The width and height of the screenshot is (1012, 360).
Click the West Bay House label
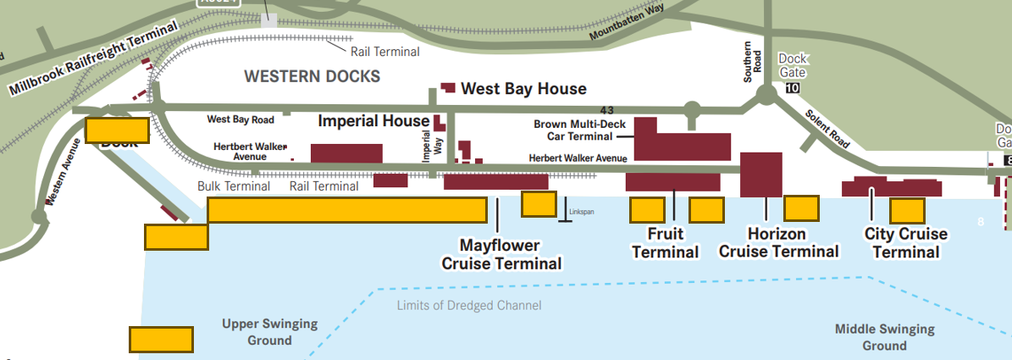pyautogui.click(x=523, y=89)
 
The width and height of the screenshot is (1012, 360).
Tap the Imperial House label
pyautogui.click(x=373, y=121)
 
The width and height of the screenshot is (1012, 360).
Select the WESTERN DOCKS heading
pyautogui.click(x=312, y=76)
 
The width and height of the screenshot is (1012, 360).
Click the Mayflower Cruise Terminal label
pyautogui.click(x=500, y=254)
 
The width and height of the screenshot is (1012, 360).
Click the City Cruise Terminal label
pyautogui.click(x=905, y=243)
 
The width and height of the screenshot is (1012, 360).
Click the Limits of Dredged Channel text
pyautogui.click(x=468, y=305)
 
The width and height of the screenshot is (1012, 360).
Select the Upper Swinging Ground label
pyautogui.click(x=269, y=332)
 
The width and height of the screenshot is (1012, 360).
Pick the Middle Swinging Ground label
pyautogui.click(x=884, y=337)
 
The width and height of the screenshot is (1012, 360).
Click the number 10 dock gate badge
pyautogui.click(x=793, y=88)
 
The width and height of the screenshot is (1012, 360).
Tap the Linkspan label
pyautogui.click(x=582, y=212)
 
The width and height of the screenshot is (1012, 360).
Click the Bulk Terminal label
pyautogui.click(x=234, y=186)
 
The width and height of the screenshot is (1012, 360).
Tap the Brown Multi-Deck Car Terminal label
pyautogui.click(x=572, y=130)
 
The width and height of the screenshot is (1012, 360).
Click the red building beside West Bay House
pyautogui.click(x=448, y=88)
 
